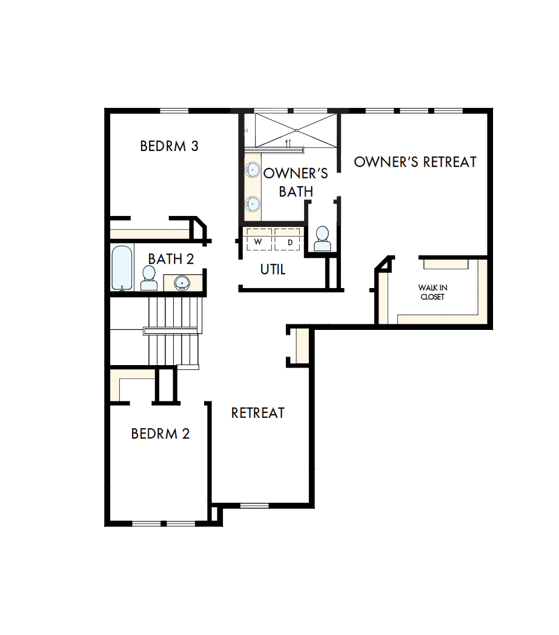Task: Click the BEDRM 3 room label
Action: coord(169,146)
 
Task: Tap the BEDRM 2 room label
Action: coord(160,434)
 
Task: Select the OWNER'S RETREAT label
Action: coord(415,162)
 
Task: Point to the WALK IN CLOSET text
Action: coord(433,292)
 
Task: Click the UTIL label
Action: coord(273,269)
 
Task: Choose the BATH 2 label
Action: coord(171,259)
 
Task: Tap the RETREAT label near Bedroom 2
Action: coord(258,412)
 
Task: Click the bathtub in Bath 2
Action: coord(122,267)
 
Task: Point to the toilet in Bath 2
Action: coord(148,278)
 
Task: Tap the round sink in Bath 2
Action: coord(182,282)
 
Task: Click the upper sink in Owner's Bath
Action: coord(253,170)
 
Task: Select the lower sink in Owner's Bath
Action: coord(253,204)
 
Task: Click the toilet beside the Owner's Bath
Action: coord(322,238)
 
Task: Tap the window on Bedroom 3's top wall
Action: coord(174,110)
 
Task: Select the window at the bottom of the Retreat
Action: coord(254,505)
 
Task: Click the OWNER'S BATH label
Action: coord(296,182)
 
